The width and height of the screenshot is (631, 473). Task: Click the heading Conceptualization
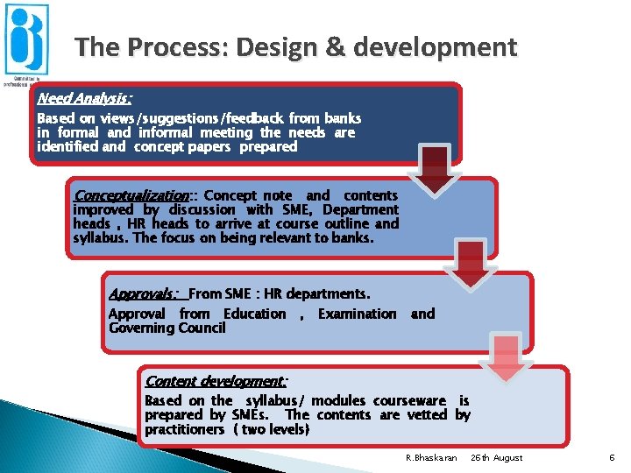(x=131, y=195)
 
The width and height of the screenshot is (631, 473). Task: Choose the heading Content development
(x=216, y=381)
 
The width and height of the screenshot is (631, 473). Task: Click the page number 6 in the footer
(x=611, y=457)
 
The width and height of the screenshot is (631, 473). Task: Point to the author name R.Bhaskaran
(x=432, y=458)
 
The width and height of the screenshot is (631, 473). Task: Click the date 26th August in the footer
(x=496, y=458)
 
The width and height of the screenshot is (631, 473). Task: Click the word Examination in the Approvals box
(x=357, y=314)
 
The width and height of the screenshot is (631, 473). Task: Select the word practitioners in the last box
(x=185, y=429)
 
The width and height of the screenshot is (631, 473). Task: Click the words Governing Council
(x=167, y=328)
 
